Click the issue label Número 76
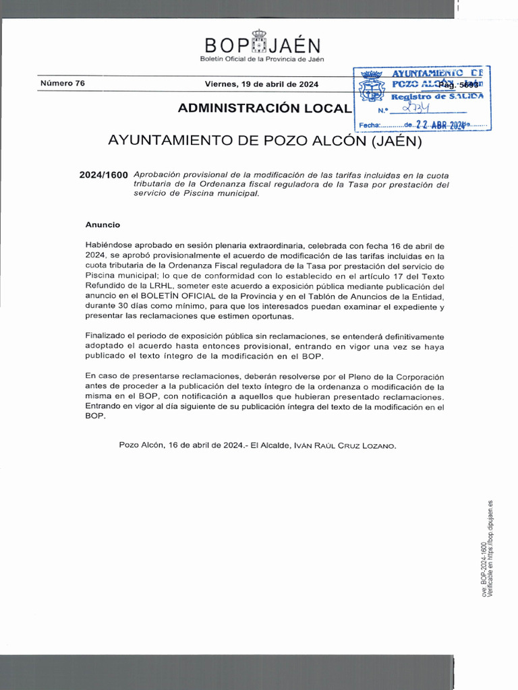(x=63, y=84)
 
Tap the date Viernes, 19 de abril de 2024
(x=262, y=84)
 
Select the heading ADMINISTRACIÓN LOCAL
(x=264, y=108)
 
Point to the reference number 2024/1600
(x=103, y=175)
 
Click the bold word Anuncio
(x=103, y=224)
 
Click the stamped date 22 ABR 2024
(x=440, y=125)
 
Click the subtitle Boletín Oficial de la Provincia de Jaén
(x=262, y=59)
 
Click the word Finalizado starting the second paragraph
(x=108, y=336)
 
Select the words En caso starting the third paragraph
(x=101, y=376)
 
